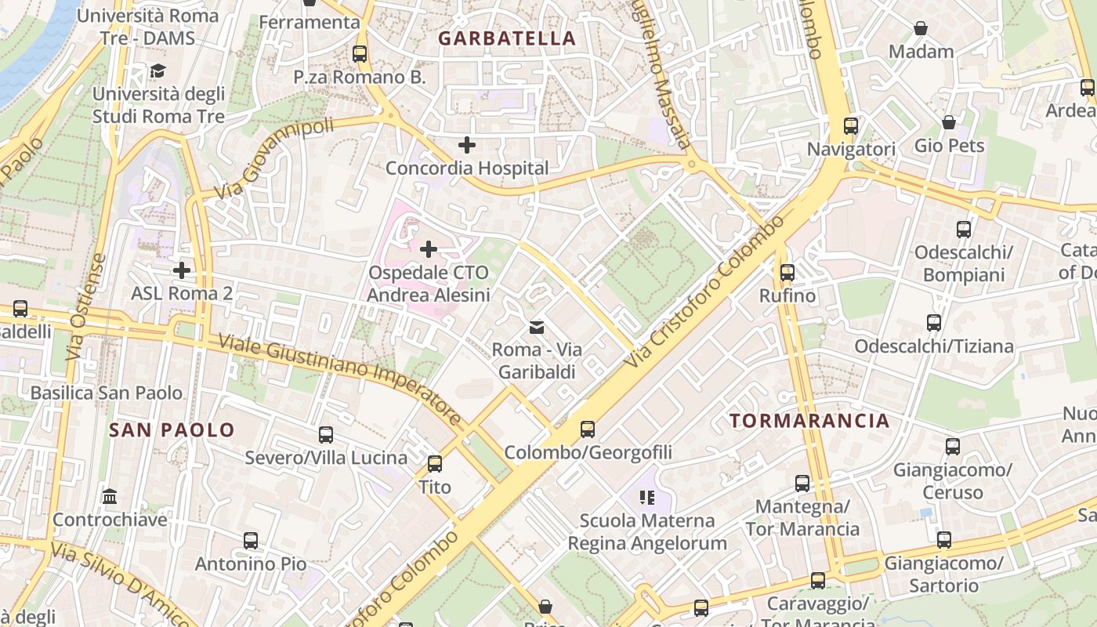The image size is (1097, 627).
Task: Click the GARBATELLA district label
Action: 506,38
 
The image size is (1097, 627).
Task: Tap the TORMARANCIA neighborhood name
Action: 809,421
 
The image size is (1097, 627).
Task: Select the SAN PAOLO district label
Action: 172,429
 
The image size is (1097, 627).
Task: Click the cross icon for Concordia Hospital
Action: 467,145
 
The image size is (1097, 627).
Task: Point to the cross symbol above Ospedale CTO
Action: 429,250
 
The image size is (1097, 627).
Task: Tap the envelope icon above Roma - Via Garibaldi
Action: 537,327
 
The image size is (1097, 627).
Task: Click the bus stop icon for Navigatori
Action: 851,125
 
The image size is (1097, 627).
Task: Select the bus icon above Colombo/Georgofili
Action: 588,429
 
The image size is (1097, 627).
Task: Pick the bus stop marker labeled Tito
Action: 435,463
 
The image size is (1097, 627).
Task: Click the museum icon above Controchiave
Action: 110,497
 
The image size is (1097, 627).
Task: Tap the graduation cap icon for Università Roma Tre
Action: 158,71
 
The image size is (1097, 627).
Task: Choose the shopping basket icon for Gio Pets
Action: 949,122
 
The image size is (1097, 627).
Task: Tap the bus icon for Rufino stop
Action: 787,273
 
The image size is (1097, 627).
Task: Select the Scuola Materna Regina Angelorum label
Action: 647,531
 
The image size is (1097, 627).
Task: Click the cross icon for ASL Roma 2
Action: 182,270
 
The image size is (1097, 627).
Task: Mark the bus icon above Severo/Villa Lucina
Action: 326,434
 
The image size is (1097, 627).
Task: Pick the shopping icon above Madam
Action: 921,29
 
